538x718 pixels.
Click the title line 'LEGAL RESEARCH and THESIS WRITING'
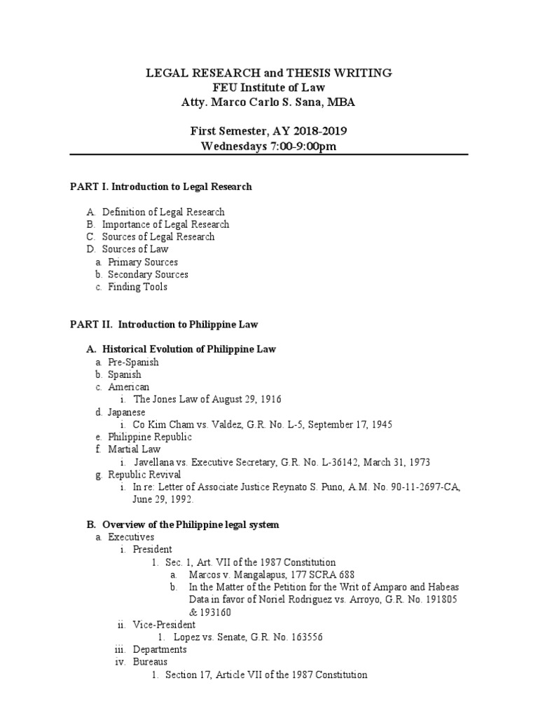click(268, 74)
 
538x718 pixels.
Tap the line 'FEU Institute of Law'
click(268, 88)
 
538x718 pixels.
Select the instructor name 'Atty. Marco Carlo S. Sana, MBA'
click(268, 102)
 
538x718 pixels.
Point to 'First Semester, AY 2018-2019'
click(268, 131)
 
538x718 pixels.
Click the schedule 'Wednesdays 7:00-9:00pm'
click(268, 146)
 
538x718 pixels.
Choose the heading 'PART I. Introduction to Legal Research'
click(160, 187)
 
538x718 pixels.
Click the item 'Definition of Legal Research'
click(163, 212)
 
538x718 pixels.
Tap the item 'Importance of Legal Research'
click(165, 224)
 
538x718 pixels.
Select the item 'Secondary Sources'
click(147, 274)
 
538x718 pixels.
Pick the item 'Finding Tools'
click(137, 287)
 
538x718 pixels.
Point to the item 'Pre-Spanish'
click(133, 363)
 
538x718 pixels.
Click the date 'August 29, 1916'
click(245, 400)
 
